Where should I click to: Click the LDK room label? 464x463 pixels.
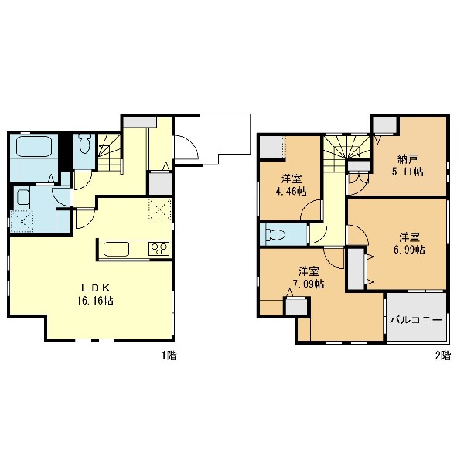96,288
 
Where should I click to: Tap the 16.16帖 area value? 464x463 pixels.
95,301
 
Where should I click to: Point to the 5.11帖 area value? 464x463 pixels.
408,172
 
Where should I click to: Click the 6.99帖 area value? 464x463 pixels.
409,250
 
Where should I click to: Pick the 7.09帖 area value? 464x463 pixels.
309,284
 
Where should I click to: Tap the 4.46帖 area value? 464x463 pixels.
291,192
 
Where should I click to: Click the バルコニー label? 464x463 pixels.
416,320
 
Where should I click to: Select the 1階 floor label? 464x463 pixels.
169,356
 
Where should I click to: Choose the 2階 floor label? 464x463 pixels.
442,356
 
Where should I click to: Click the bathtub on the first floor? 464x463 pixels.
34,146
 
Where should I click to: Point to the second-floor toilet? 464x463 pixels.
275,235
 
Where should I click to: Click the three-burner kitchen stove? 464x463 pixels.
159,249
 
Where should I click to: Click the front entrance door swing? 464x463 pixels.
186,147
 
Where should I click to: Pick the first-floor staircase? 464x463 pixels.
110,153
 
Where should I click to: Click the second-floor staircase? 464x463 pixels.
346,154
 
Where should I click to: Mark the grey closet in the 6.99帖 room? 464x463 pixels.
356,269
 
